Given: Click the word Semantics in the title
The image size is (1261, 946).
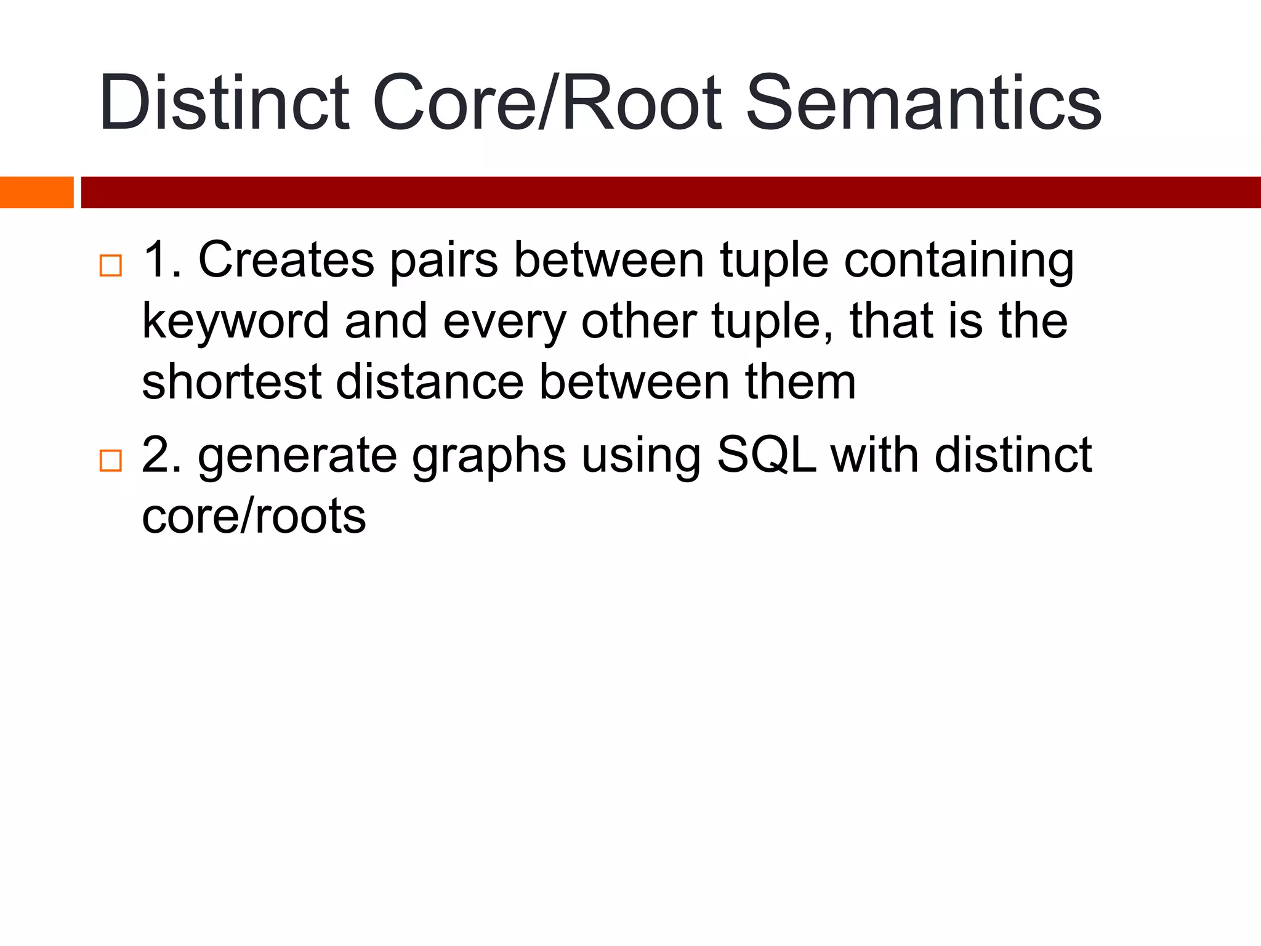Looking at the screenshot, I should pyautogui.click(x=924, y=103).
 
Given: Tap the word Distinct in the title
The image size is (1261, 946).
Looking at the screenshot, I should pyautogui.click(x=224, y=103).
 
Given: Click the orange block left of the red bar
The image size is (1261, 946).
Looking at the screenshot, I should pyautogui.click(x=36, y=192).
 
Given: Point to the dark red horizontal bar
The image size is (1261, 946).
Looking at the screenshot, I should pyautogui.click(x=671, y=192).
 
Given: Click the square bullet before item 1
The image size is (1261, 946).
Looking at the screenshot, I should pyautogui.click(x=111, y=265).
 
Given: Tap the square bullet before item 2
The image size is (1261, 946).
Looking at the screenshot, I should pyautogui.click(x=111, y=460).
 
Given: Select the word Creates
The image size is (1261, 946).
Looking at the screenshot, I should pyautogui.click(x=286, y=260).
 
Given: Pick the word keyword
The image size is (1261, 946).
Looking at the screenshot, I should pyautogui.click(x=235, y=321).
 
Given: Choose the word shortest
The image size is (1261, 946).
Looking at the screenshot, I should pyautogui.click(x=232, y=382).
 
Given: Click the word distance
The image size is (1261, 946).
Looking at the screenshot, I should pyautogui.click(x=430, y=382).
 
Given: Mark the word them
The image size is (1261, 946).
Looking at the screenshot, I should pyautogui.click(x=800, y=382).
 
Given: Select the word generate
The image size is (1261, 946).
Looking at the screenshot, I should pyautogui.click(x=297, y=456).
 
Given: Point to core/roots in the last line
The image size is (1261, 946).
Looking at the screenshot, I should pyautogui.click(x=254, y=516).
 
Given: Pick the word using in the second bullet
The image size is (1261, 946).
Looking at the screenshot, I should pyautogui.click(x=641, y=456).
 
